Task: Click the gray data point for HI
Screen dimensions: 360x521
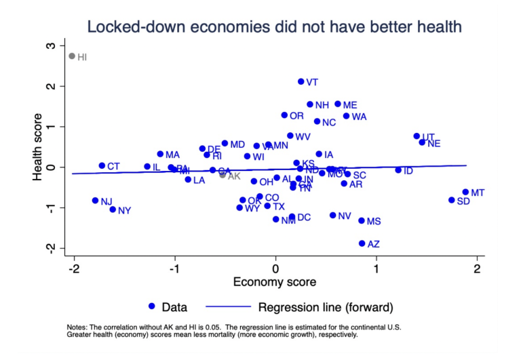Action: click(x=72, y=56)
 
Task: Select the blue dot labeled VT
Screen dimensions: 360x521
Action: click(x=301, y=81)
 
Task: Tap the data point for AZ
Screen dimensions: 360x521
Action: click(x=362, y=243)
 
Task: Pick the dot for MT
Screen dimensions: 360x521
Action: click(x=466, y=192)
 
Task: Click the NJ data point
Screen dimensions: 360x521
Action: click(x=96, y=201)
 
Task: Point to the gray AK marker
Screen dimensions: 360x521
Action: click(x=223, y=175)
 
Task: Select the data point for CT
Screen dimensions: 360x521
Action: click(x=102, y=165)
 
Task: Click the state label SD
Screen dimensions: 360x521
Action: click(x=463, y=201)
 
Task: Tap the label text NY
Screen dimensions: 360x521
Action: click(x=124, y=211)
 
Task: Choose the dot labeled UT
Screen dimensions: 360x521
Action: click(x=417, y=136)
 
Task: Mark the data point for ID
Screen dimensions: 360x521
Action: click(x=398, y=170)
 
